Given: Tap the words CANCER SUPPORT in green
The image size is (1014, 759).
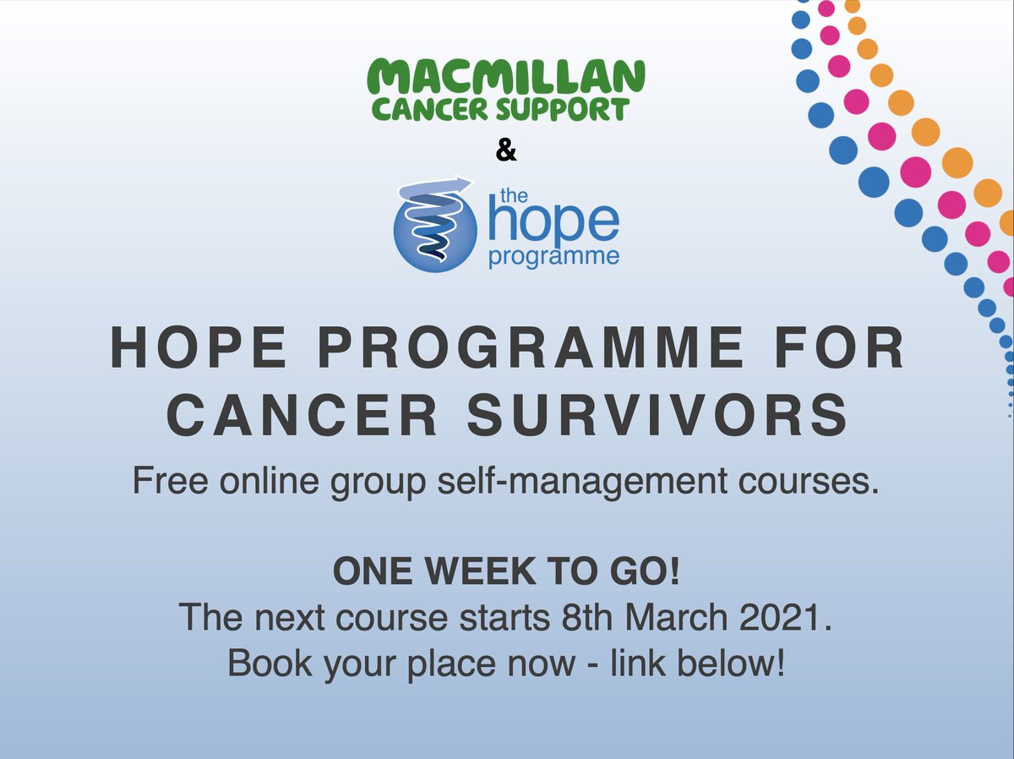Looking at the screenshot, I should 499,109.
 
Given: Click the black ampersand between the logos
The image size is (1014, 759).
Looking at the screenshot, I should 505,152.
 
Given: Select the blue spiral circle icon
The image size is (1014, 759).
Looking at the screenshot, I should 436,223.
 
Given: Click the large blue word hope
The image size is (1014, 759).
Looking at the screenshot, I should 554,221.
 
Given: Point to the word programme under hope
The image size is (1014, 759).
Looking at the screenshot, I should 554,256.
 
